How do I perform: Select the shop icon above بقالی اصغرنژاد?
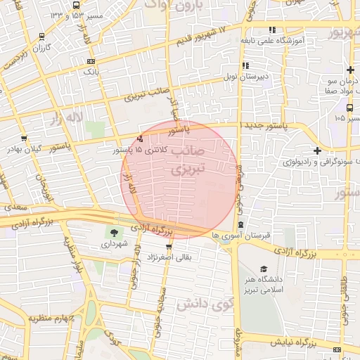pos(169,246)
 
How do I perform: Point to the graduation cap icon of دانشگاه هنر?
pos(264,269)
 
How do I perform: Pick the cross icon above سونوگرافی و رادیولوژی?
pos(317,150)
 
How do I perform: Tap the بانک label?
pos(92,72)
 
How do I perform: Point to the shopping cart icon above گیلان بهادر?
pos(25,138)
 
